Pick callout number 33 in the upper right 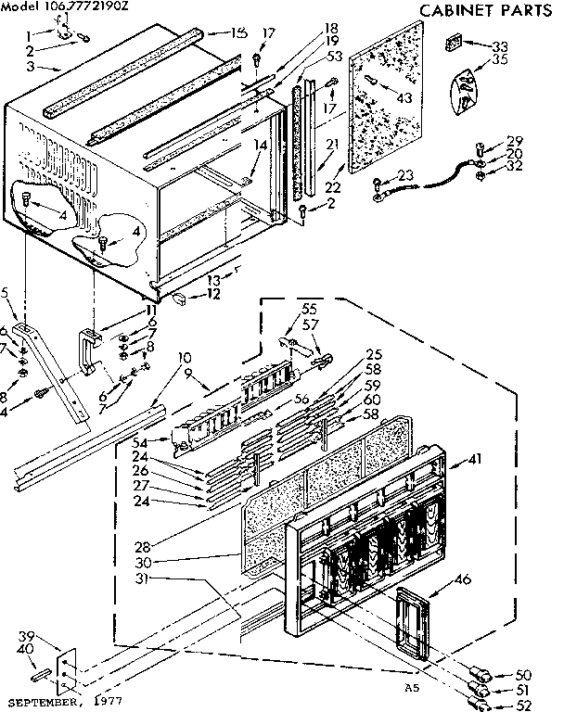500,45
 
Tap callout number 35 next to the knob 500,63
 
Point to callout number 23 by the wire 405,174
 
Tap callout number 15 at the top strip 239,32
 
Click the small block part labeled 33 455,42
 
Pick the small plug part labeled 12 184,298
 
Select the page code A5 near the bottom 411,687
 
